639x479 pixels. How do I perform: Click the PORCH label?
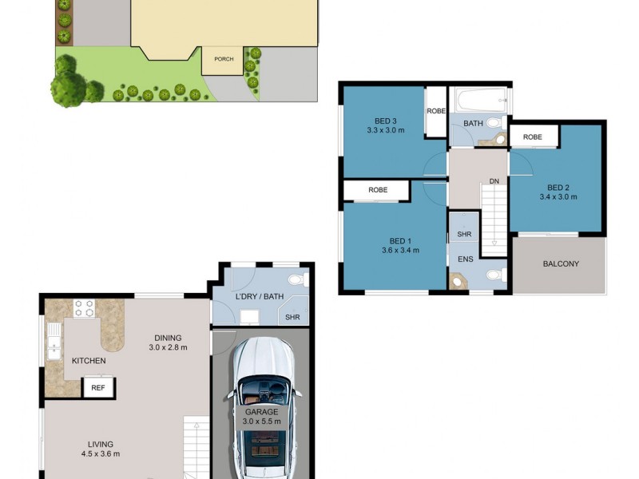pyautogui.click(x=224, y=59)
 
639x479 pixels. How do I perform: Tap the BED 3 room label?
pyautogui.click(x=386, y=121)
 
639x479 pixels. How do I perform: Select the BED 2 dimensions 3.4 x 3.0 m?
pyautogui.click(x=558, y=196)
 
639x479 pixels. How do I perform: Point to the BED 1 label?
pyautogui.click(x=400, y=241)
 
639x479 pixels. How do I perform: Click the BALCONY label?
pyautogui.click(x=560, y=264)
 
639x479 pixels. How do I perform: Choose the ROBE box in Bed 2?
pyautogui.click(x=533, y=137)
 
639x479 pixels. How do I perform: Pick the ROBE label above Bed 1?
pyautogui.click(x=378, y=191)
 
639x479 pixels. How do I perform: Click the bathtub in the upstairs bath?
pyautogui.click(x=477, y=101)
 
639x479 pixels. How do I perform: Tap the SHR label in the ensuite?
pyautogui.click(x=464, y=236)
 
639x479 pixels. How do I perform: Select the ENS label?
pyautogui.click(x=465, y=259)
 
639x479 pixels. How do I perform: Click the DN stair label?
pyautogui.click(x=494, y=182)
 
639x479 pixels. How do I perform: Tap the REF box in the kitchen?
pyautogui.click(x=98, y=388)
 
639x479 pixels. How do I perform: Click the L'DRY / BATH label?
pyautogui.click(x=258, y=297)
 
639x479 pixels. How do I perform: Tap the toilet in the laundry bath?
pyautogui.click(x=296, y=279)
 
